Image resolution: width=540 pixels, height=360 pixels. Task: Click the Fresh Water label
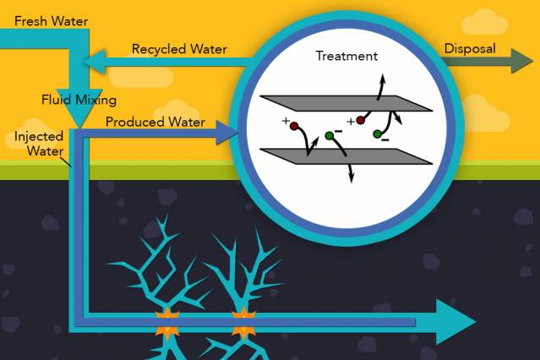(51, 19)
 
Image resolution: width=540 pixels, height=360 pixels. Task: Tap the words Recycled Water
(179, 49)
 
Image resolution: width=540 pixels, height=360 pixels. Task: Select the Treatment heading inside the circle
(346, 56)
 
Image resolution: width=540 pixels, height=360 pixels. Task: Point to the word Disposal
(470, 48)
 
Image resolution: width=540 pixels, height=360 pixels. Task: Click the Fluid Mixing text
(79, 99)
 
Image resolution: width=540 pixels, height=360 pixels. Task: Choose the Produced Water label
(155, 122)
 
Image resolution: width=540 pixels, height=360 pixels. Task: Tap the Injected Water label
(33, 144)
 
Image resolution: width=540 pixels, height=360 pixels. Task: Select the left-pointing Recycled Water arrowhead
(94, 62)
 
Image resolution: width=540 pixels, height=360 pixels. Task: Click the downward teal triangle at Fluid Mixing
(80, 107)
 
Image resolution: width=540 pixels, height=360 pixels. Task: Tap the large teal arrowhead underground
(456, 321)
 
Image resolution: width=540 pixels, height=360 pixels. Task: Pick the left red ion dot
(294, 128)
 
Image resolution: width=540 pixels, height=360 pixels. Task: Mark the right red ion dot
(361, 120)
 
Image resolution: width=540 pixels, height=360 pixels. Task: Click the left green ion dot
(330, 135)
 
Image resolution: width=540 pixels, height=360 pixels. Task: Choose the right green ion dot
(378, 134)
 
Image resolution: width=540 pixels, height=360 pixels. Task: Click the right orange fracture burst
(243, 322)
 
